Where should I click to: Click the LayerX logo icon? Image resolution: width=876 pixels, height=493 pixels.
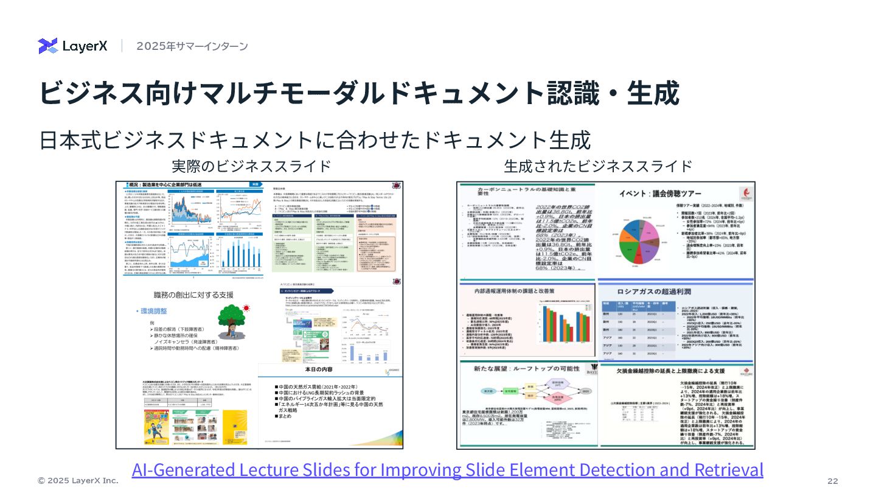pyautogui.click(x=47, y=46)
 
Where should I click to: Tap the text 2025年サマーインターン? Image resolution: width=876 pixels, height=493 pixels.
pyautogui.click(x=192, y=46)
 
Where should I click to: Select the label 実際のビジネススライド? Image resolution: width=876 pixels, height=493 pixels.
pyautogui.click(x=251, y=166)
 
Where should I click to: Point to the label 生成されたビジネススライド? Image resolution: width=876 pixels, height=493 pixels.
pyautogui.click(x=598, y=166)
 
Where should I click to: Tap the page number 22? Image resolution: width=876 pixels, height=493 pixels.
pyautogui.click(x=833, y=481)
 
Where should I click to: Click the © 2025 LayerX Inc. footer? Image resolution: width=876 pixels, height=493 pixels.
pyautogui.click(x=78, y=481)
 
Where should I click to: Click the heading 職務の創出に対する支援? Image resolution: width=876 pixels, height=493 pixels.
pyautogui.click(x=193, y=295)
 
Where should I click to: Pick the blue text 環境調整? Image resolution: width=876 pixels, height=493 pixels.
pyautogui.click(x=154, y=310)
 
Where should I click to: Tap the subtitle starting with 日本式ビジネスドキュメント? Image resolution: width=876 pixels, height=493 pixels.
pyautogui.click(x=315, y=140)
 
